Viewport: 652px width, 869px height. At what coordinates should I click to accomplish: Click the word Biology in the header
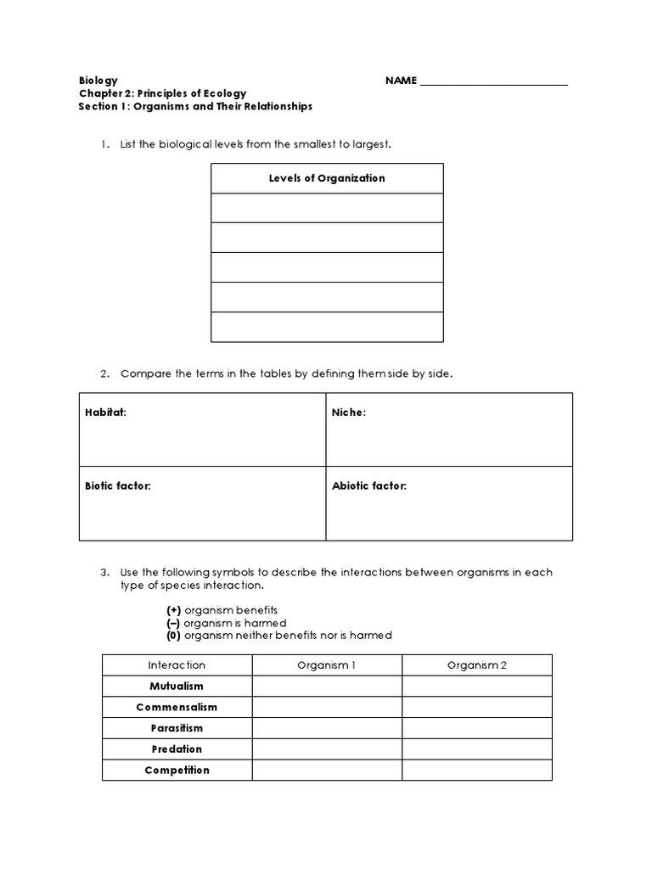(x=98, y=81)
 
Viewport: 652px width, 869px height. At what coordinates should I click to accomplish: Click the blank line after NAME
(x=494, y=82)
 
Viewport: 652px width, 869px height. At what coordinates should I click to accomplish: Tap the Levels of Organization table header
(x=327, y=178)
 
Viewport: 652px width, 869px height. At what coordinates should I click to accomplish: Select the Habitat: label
(x=105, y=412)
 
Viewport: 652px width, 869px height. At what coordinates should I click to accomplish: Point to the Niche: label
(x=348, y=412)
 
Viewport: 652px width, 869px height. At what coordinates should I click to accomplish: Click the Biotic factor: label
(x=117, y=486)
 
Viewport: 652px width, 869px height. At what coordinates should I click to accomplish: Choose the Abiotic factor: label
(x=369, y=486)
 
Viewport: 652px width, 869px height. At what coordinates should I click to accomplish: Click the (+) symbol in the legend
(x=173, y=610)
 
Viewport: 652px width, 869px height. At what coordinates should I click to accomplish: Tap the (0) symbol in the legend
(x=173, y=636)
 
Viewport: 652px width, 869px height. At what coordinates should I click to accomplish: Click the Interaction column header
(x=177, y=665)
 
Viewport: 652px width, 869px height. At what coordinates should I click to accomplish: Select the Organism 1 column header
(x=327, y=665)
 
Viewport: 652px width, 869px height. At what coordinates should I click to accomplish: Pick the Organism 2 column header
(x=477, y=665)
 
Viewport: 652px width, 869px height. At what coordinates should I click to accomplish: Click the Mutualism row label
(x=177, y=687)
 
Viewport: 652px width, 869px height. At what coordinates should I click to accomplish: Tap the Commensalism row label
(x=177, y=707)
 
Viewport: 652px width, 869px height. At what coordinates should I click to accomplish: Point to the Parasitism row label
(x=177, y=728)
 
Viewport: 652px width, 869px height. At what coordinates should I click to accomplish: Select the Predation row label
(x=177, y=749)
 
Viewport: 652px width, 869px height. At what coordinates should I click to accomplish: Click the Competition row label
(x=177, y=771)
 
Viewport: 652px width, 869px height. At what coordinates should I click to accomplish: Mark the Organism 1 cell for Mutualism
(x=327, y=687)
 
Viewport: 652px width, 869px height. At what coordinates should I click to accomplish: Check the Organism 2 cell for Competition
(x=477, y=771)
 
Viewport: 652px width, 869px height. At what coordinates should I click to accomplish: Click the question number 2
(x=105, y=374)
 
